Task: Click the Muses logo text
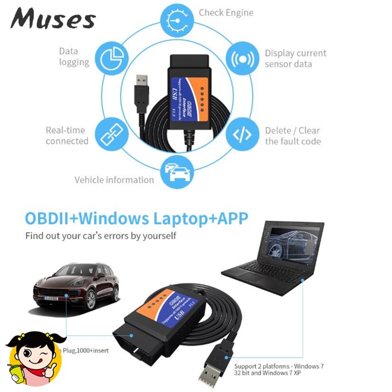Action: (x=53, y=19)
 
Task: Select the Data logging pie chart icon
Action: (x=112, y=57)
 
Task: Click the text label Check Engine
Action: (x=226, y=13)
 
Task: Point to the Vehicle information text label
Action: (x=114, y=180)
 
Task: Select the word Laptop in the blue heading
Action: (x=182, y=218)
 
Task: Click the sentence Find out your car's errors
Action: (x=101, y=236)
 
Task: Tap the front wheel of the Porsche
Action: (x=93, y=300)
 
